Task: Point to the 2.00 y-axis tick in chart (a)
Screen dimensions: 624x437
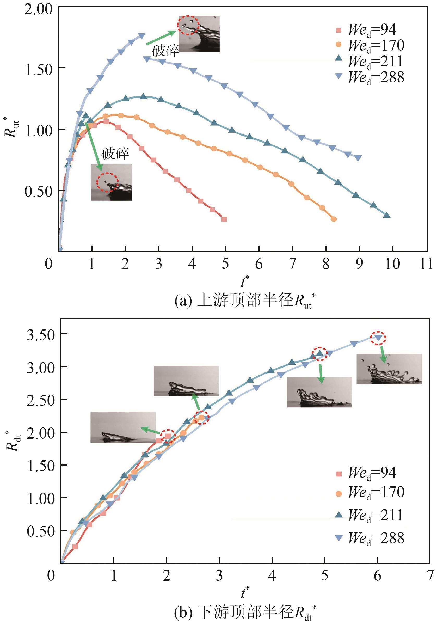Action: point(38,9)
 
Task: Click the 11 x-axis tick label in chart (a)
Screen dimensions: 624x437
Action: point(426,264)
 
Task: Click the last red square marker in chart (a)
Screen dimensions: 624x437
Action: point(224,219)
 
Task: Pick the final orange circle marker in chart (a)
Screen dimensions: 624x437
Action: point(334,219)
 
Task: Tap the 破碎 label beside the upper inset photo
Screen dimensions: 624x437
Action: point(165,51)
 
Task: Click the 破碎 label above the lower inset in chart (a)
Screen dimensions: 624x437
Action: point(115,154)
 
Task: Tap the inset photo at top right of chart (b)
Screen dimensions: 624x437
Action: point(389,369)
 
